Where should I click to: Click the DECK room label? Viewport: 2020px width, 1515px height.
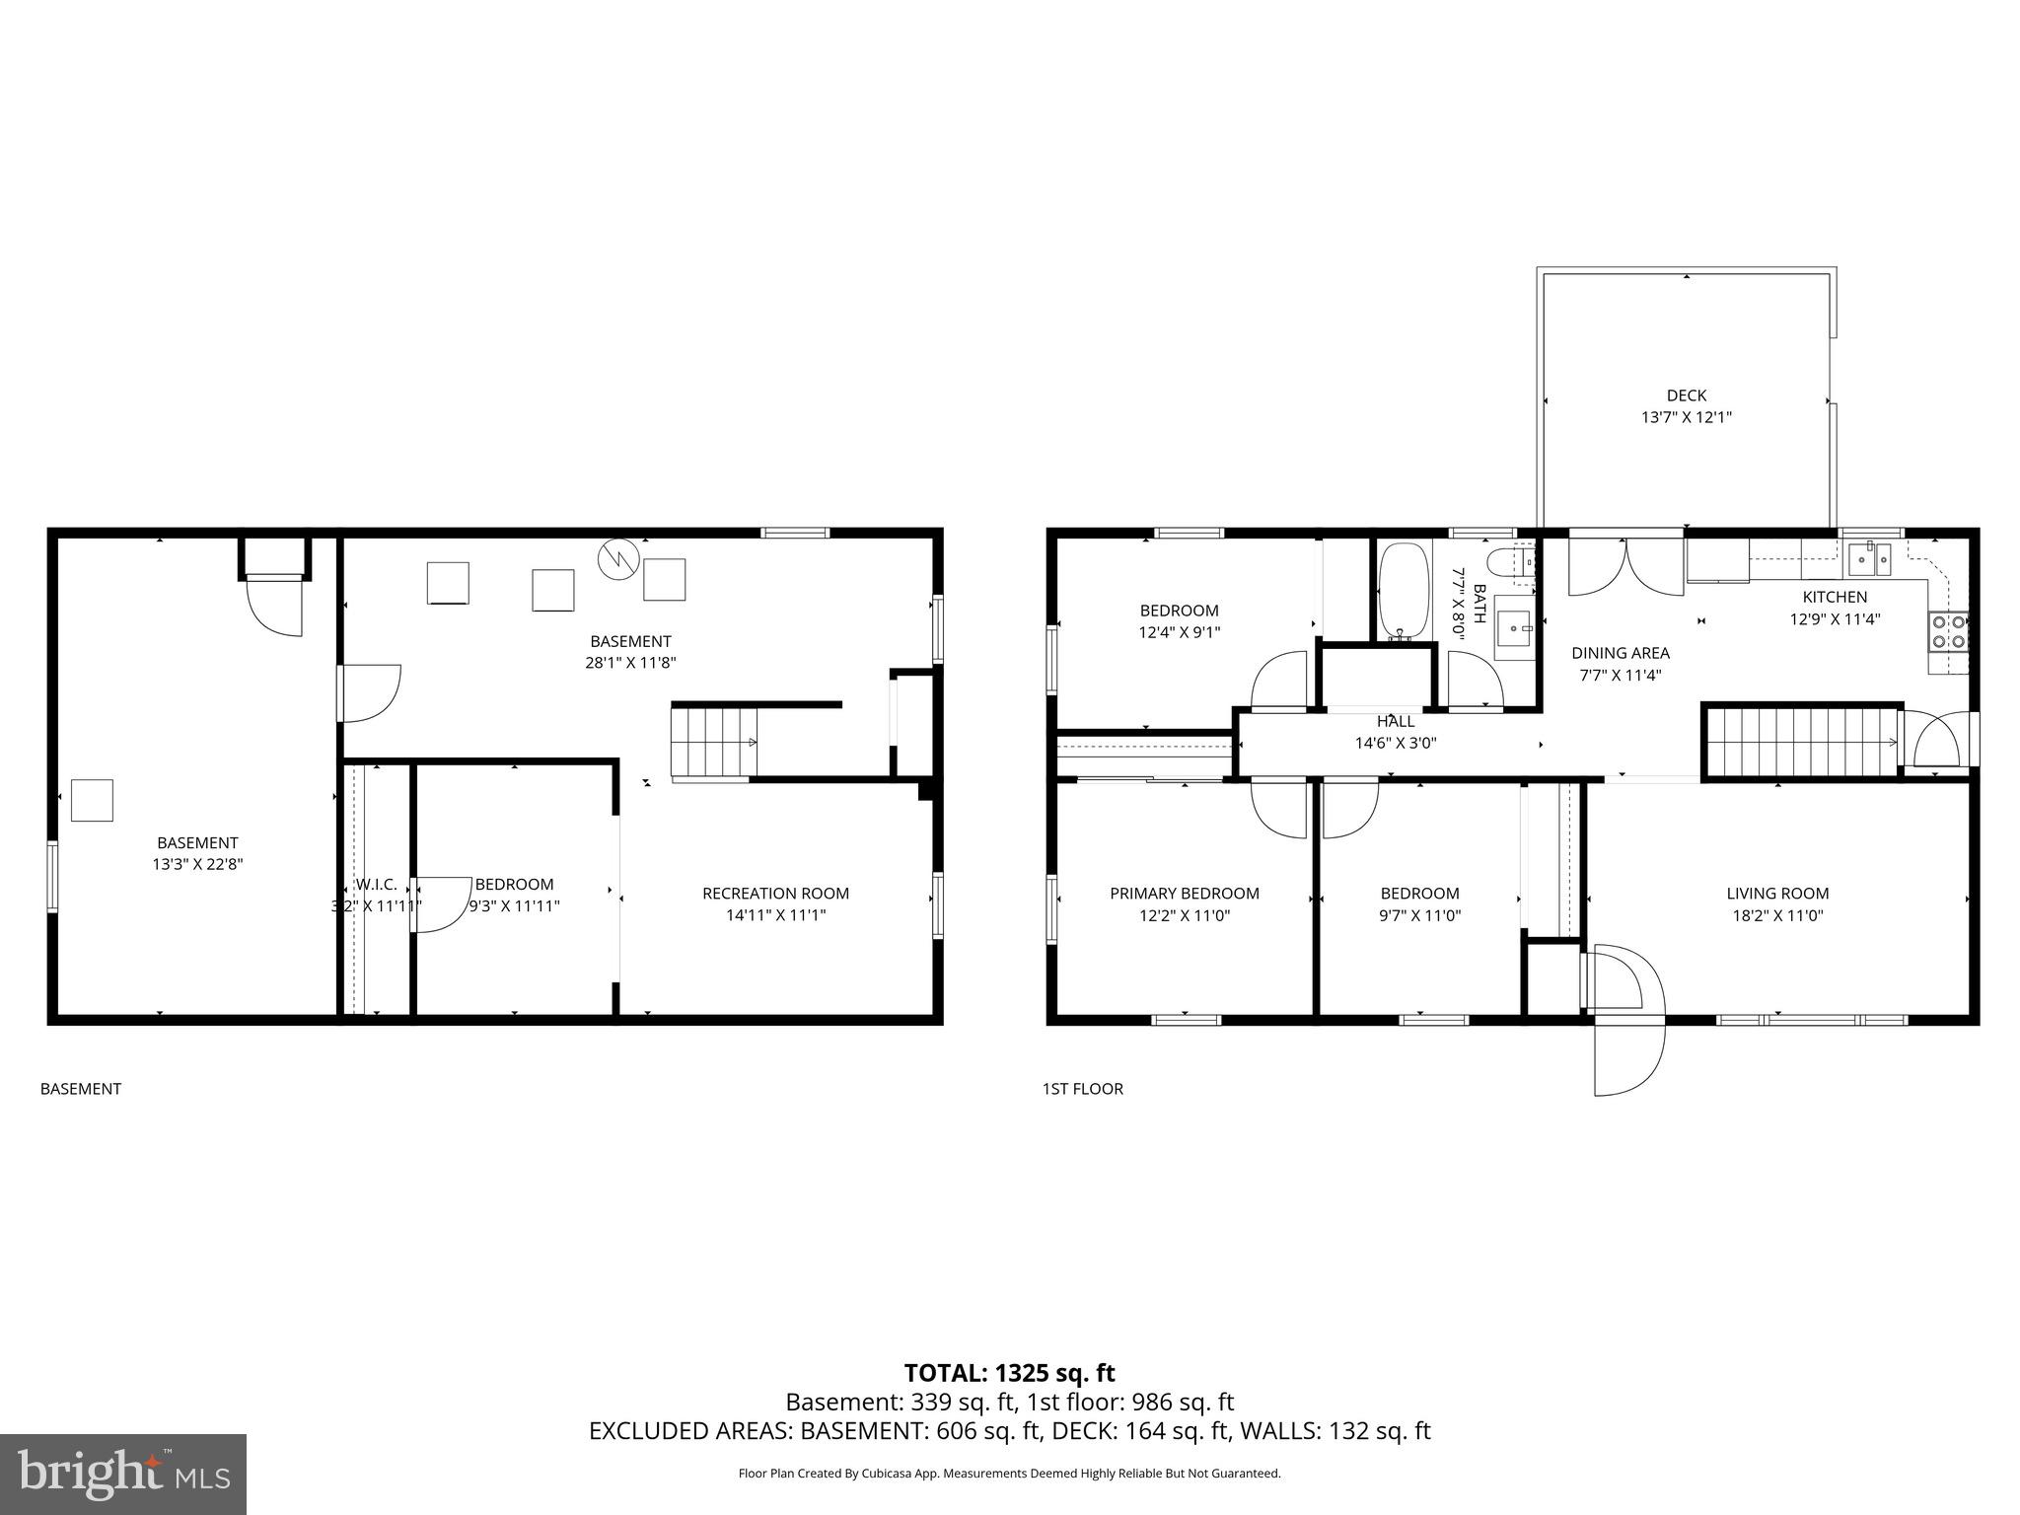point(1686,396)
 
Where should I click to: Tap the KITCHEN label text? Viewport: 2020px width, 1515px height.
point(1835,597)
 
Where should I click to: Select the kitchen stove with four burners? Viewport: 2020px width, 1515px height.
point(1948,631)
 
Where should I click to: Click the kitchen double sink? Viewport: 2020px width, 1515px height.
point(1869,559)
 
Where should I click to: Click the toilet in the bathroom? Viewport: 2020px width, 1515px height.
point(1509,564)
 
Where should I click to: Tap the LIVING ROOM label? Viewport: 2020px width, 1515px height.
point(1777,894)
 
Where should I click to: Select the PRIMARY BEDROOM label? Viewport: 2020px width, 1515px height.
point(1184,894)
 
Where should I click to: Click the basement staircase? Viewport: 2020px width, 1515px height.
point(713,743)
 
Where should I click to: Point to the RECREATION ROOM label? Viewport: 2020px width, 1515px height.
point(775,894)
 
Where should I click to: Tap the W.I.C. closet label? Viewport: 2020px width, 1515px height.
point(376,885)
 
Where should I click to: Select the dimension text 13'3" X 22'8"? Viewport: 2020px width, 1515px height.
point(197,864)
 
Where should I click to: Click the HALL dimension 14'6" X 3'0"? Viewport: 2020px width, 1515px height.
point(1395,744)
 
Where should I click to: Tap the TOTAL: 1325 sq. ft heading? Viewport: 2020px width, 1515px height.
point(1009,1373)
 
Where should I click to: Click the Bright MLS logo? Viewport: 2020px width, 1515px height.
point(123,1474)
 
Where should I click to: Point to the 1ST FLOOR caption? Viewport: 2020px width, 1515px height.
point(1082,1089)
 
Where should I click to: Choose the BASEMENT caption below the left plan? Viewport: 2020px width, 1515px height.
point(81,1089)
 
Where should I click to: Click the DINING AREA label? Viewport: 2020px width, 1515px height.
point(1620,653)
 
